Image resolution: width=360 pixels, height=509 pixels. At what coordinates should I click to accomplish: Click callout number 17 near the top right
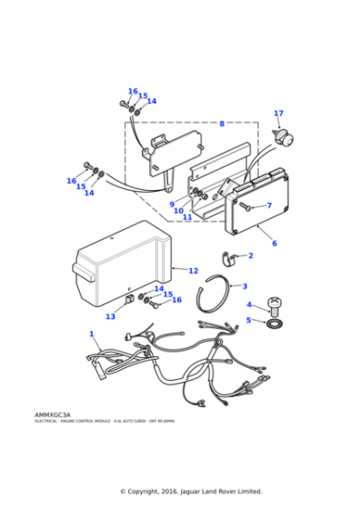tap(278, 114)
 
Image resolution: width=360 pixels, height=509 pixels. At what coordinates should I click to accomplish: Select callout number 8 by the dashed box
tap(221, 124)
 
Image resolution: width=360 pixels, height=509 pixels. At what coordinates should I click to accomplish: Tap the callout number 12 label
tap(193, 271)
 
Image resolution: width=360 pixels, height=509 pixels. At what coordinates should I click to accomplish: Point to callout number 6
tap(274, 244)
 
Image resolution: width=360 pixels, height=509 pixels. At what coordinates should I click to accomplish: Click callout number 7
tap(268, 205)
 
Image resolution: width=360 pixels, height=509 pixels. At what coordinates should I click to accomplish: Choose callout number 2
tap(251, 255)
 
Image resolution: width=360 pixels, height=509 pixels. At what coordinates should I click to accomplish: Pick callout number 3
tap(245, 286)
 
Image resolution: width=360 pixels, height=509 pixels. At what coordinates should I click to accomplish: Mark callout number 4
tap(249, 304)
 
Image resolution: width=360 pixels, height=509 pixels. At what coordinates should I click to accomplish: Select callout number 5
tap(248, 320)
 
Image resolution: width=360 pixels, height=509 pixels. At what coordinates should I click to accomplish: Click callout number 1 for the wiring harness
tap(92, 334)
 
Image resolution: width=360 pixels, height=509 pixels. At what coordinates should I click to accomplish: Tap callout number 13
tap(110, 316)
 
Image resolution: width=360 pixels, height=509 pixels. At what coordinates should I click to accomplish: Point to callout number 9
tap(172, 204)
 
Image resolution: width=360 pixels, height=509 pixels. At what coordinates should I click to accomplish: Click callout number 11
tap(187, 217)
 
